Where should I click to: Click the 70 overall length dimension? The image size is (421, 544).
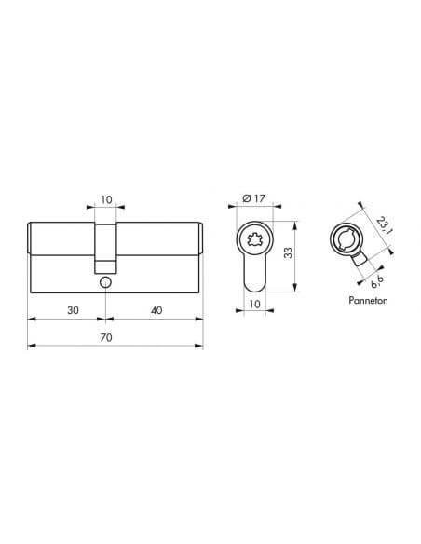[106, 337]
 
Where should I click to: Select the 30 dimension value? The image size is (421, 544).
[73, 310]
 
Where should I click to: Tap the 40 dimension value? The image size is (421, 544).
[156, 310]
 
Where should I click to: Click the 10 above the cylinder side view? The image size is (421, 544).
[106, 200]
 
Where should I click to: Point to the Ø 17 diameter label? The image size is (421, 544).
[254, 198]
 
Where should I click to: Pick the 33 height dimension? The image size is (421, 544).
[288, 253]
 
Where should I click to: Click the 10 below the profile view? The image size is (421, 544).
[254, 305]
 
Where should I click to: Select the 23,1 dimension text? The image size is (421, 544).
[385, 225]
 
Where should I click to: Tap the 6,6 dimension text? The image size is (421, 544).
[377, 281]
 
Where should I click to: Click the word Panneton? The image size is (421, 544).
[368, 301]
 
